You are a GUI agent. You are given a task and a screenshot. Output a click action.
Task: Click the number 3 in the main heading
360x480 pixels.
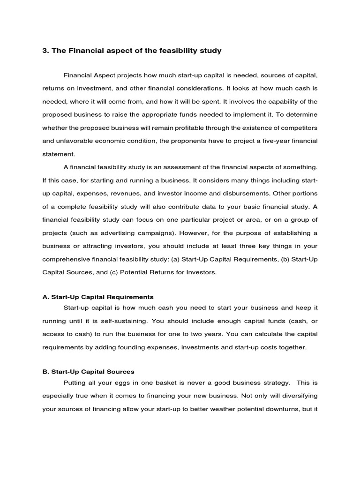point(45,51)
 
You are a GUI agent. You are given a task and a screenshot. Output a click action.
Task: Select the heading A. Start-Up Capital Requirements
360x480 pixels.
point(98,297)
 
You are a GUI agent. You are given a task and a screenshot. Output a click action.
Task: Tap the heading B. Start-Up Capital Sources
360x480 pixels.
point(88,372)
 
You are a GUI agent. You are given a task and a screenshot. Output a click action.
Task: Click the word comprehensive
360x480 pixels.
point(65,259)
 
